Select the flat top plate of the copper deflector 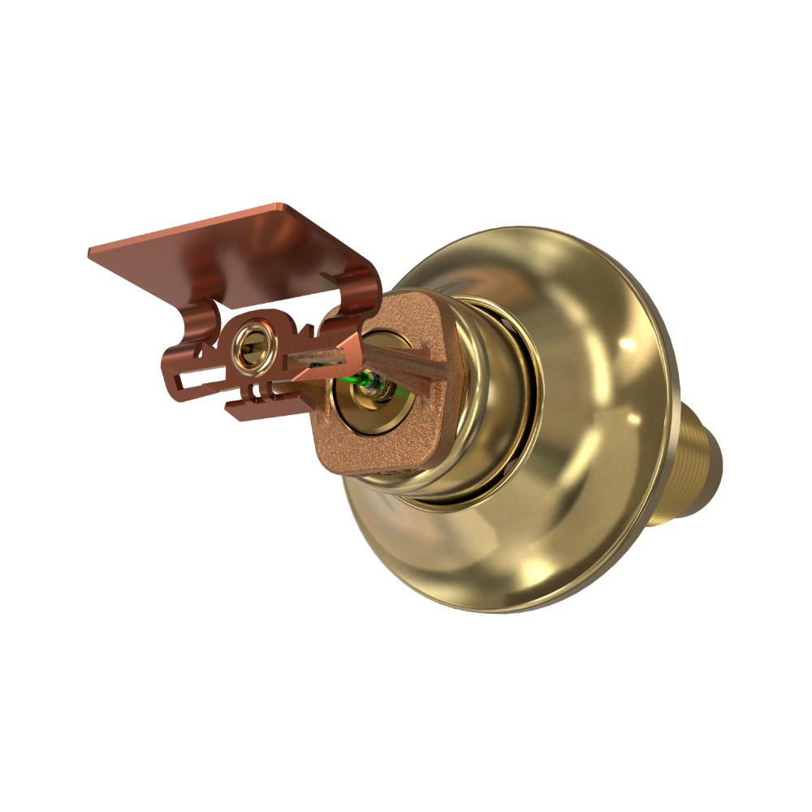pos(235,248)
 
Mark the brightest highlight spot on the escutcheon pos(627,345)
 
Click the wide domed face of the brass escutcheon pos(568,528)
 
